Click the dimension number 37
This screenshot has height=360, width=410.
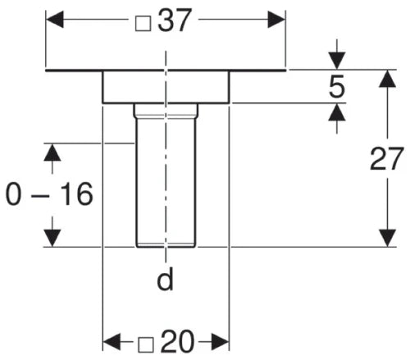(x=173, y=21)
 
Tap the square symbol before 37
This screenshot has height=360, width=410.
(x=143, y=23)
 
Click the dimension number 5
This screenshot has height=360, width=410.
(x=337, y=87)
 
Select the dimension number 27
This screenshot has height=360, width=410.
(x=386, y=158)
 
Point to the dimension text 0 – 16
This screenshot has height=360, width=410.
(x=49, y=194)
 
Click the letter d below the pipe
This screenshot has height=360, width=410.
(x=165, y=278)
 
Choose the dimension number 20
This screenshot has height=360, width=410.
(x=178, y=341)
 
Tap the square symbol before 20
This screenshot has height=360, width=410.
(x=146, y=344)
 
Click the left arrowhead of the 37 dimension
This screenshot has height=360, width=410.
(x=55, y=20)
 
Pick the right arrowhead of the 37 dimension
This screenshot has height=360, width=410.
(x=276, y=20)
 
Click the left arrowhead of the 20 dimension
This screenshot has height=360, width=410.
(x=112, y=342)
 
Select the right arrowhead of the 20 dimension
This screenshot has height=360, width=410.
(x=221, y=342)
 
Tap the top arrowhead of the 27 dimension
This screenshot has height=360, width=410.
(x=387, y=79)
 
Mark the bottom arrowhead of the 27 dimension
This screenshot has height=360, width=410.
(x=387, y=238)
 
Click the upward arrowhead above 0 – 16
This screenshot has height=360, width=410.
(x=52, y=152)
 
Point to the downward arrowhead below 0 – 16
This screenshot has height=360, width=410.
(x=52, y=238)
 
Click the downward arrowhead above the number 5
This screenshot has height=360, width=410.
(x=337, y=61)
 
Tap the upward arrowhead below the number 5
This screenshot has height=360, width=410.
(x=337, y=112)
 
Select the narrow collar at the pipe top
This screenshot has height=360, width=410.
(x=166, y=111)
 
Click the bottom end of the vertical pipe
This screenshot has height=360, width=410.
(x=166, y=247)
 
